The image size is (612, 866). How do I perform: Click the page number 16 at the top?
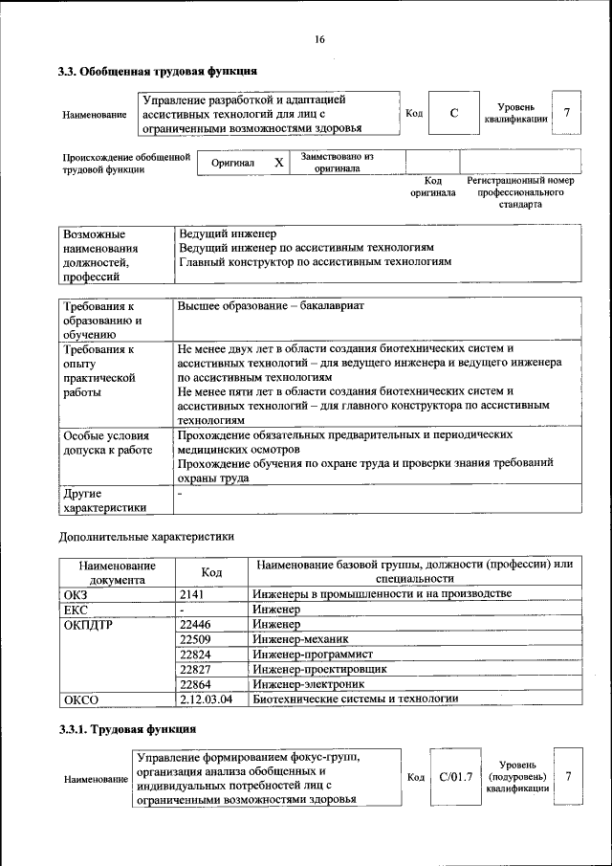319,39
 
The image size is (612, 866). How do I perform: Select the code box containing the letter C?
454,114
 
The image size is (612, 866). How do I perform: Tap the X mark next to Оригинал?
278,163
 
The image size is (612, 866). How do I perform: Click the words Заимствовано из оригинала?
338,162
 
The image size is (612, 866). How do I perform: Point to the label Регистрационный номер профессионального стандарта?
520,191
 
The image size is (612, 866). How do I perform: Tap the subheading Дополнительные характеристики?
146,537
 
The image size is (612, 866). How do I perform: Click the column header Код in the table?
211,572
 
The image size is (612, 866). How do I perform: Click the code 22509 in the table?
195,639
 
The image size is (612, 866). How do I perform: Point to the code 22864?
195,684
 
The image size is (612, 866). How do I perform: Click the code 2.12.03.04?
206,699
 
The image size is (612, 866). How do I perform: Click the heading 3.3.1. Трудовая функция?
127,730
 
